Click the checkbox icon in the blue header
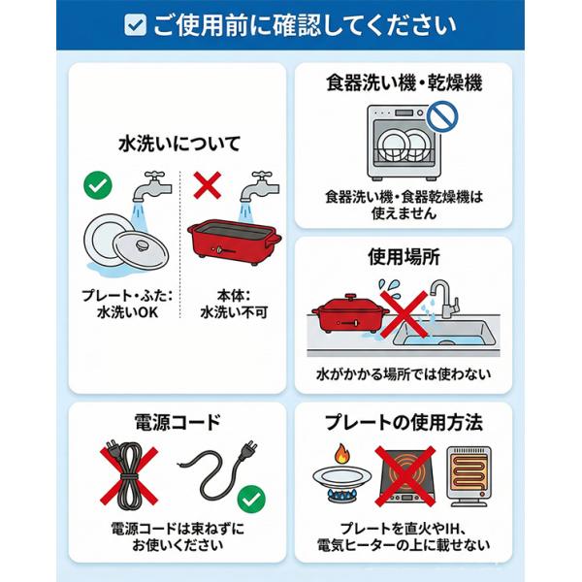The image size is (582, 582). pyautogui.click(x=135, y=25)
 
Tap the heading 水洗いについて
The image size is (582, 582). pyautogui.click(x=179, y=144)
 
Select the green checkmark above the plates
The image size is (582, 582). pyautogui.click(x=98, y=185)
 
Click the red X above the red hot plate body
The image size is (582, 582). pyautogui.click(x=208, y=185)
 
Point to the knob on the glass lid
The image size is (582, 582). pyautogui.click(x=142, y=244)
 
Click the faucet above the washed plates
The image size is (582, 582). pyautogui.click(x=152, y=186)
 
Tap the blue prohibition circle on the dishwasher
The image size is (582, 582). pyautogui.click(x=442, y=116)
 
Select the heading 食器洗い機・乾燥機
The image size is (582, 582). pyautogui.click(x=404, y=82)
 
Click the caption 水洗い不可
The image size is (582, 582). pyautogui.click(x=234, y=312)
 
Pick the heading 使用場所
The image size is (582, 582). pyautogui.click(x=404, y=257)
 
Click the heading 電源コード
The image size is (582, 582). pyautogui.click(x=178, y=422)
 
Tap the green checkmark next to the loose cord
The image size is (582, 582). pyautogui.click(x=251, y=500)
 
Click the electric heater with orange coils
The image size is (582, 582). pyautogui.click(x=469, y=476)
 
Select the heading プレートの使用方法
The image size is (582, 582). pyautogui.click(x=404, y=422)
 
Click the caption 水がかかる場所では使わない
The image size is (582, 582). pyautogui.click(x=404, y=374)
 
